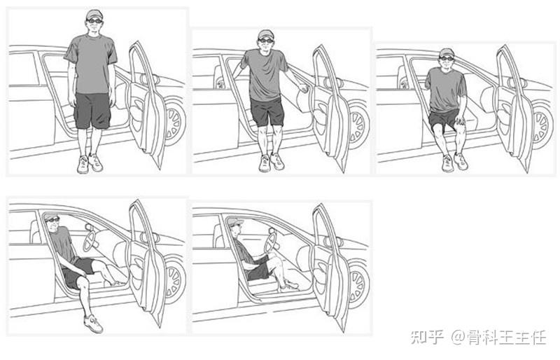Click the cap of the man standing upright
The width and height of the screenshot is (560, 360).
[94, 15]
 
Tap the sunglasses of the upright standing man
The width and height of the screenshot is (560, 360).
[94, 21]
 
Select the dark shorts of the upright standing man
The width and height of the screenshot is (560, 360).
[92, 111]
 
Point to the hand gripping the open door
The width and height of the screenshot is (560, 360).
[303, 88]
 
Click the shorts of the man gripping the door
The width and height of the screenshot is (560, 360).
[267, 112]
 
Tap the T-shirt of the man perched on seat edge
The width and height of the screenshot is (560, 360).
[446, 90]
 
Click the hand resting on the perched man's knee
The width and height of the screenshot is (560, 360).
[460, 120]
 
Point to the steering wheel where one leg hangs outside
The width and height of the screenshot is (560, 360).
[90, 242]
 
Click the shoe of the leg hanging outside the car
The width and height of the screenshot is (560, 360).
[94, 324]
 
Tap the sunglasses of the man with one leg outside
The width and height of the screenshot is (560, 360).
[52, 219]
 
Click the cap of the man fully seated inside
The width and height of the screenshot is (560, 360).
[234, 221]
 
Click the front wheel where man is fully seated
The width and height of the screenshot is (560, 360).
[358, 285]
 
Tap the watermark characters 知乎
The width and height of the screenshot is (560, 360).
[427, 337]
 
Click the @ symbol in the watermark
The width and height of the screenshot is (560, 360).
[458, 337]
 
